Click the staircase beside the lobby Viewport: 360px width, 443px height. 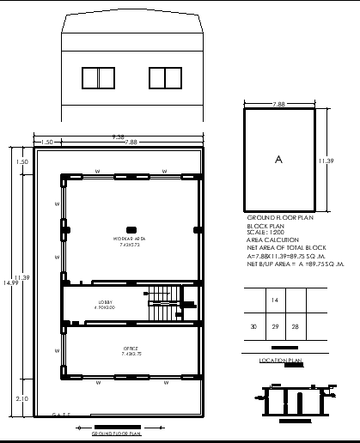click(x=162, y=304)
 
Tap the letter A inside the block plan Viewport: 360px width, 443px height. click(x=278, y=160)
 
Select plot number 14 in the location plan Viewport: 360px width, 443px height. click(x=275, y=300)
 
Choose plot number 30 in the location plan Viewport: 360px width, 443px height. click(x=253, y=327)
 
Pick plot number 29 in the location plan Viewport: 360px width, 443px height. click(x=275, y=327)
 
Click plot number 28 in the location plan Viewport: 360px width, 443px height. click(x=296, y=327)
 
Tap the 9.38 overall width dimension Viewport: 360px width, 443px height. click(x=118, y=136)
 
